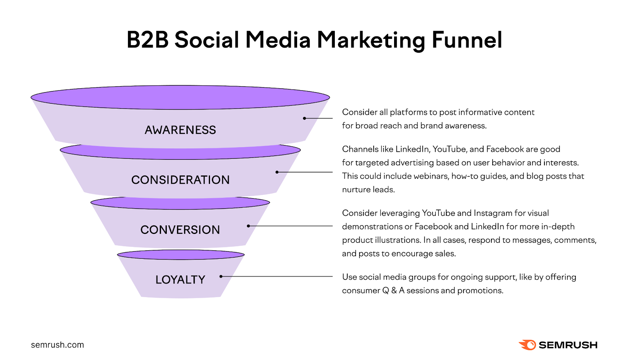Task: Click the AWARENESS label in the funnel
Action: point(180,130)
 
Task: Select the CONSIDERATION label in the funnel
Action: point(180,180)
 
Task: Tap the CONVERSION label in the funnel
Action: point(180,230)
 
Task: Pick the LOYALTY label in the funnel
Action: point(180,280)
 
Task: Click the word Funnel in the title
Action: point(467,40)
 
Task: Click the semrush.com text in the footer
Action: point(57,345)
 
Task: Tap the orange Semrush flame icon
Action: point(528,345)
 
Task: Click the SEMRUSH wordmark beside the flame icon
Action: point(568,345)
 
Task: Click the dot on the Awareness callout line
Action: point(304,118)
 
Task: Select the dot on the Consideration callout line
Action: point(277,172)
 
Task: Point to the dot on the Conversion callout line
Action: point(248,226)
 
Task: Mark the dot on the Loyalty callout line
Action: point(221,276)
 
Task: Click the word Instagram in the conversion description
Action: point(493,213)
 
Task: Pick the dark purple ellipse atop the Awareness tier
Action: point(180,97)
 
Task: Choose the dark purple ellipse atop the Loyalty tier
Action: point(181,255)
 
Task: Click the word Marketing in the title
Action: point(371,40)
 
